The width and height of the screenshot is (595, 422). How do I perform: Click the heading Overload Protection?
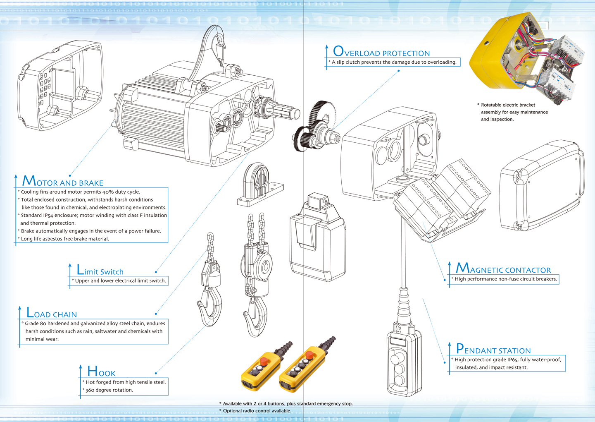coord(381,52)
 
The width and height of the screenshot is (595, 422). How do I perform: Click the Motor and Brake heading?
coord(63,181)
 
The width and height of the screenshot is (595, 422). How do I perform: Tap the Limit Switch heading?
coord(100,270)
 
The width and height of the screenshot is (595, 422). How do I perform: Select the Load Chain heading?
coord(52,312)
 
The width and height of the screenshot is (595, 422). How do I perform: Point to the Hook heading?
coord(101,371)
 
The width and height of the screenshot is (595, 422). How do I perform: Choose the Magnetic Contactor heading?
coord(503,268)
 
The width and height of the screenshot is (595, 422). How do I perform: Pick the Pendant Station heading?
coord(493,349)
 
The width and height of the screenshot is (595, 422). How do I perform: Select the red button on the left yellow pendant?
coord(263,361)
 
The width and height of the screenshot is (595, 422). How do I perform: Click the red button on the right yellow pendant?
coord(309,355)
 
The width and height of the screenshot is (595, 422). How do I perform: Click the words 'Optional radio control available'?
coord(257,411)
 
